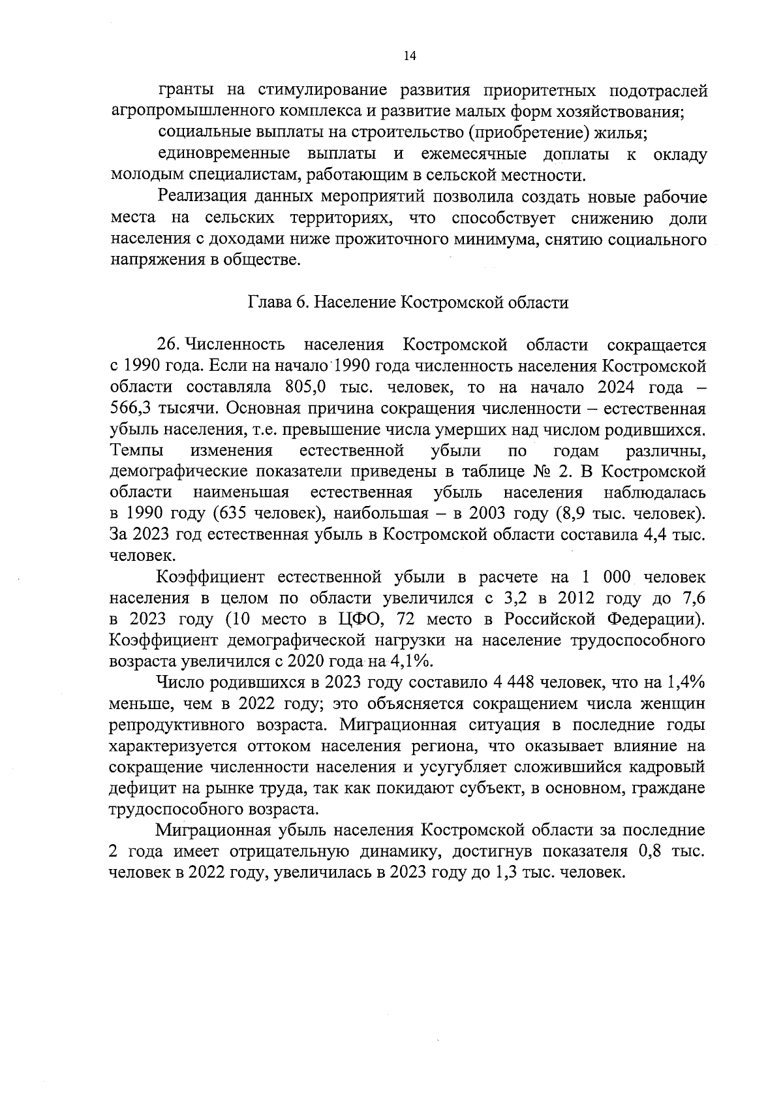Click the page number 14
tap(409, 56)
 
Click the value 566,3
tap(134, 409)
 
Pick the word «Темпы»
tap(138, 451)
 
